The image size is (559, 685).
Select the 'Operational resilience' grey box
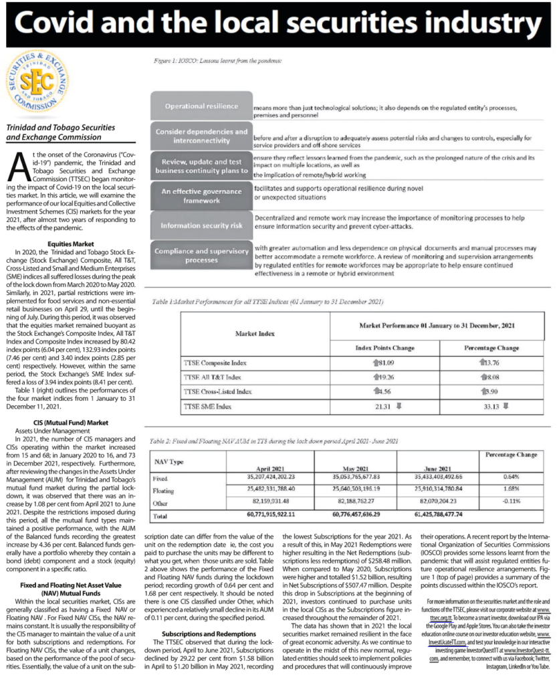click(x=201, y=106)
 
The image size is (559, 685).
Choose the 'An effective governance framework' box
click(x=201, y=195)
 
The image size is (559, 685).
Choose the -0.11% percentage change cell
click(x=514, y=502)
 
